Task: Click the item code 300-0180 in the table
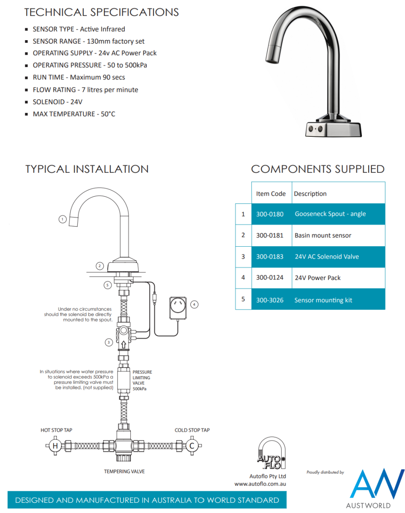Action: point(269,214)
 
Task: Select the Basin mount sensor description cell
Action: point(323,236)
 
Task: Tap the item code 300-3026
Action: point(269,300)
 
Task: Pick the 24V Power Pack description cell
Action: point(318,278)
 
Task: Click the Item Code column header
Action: point(271,194)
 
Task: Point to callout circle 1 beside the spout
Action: point(62,219)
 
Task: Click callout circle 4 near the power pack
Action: point(194,304)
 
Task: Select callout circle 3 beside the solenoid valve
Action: point(109,342)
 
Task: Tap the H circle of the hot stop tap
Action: point(55,446)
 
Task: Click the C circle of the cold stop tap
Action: point(192,446)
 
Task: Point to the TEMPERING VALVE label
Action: point(124,472)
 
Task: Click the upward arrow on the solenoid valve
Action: point(123,343)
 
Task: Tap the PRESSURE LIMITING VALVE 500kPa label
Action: point(142,380)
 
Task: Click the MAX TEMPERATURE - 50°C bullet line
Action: point(74,114)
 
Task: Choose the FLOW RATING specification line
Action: point(85,90)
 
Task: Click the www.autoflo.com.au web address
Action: point(260,484)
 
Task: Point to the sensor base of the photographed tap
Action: point(333,128)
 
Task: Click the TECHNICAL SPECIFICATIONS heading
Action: point(102,12)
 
